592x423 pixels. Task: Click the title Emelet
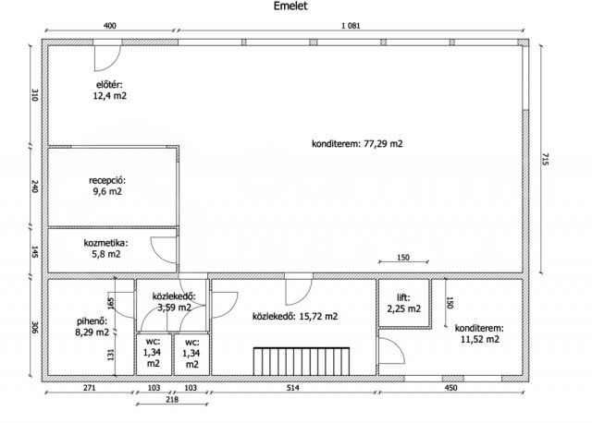pyautogui.click(x=290, y=6)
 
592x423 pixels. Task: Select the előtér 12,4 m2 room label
pyautogui.click(x=110, y=91)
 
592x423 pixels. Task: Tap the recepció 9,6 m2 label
pyautogui.click(x=107, y=186)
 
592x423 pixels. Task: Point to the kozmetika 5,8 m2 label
pyautogui.click(x=106, y=248)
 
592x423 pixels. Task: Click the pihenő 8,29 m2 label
pyautogui.click(x=92, y=327)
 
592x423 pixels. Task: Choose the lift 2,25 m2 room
pyautogui.click(x=404, y=304)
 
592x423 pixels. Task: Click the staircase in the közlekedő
pyautogui.click(x=302, y=361)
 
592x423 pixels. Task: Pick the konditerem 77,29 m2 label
pyautogui.click(x=357, y=144)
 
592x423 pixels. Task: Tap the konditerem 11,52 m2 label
pyautogui.click(x=479, y=333)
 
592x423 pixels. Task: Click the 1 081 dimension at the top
pyautogui.click(x=351, y=26)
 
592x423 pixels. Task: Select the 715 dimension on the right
pyautogui.click(x=545, y=159)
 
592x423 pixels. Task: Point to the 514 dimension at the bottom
pyautogui.click(x=292, y=388)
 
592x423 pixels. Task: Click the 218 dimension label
pyautogui.click(x=172, y=399)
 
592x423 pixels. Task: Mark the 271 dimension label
pyautogui.click(x=90, y=388)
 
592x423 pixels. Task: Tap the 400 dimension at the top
pyautogui.click(x=109, y=26)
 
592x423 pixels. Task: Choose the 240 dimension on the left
pyautogui.click(x=35, y=187)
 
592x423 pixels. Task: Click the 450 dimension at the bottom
pyautogui.click(x=450, y=388)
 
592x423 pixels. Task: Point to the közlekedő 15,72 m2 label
pyautogui.click(x=295, y=316)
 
